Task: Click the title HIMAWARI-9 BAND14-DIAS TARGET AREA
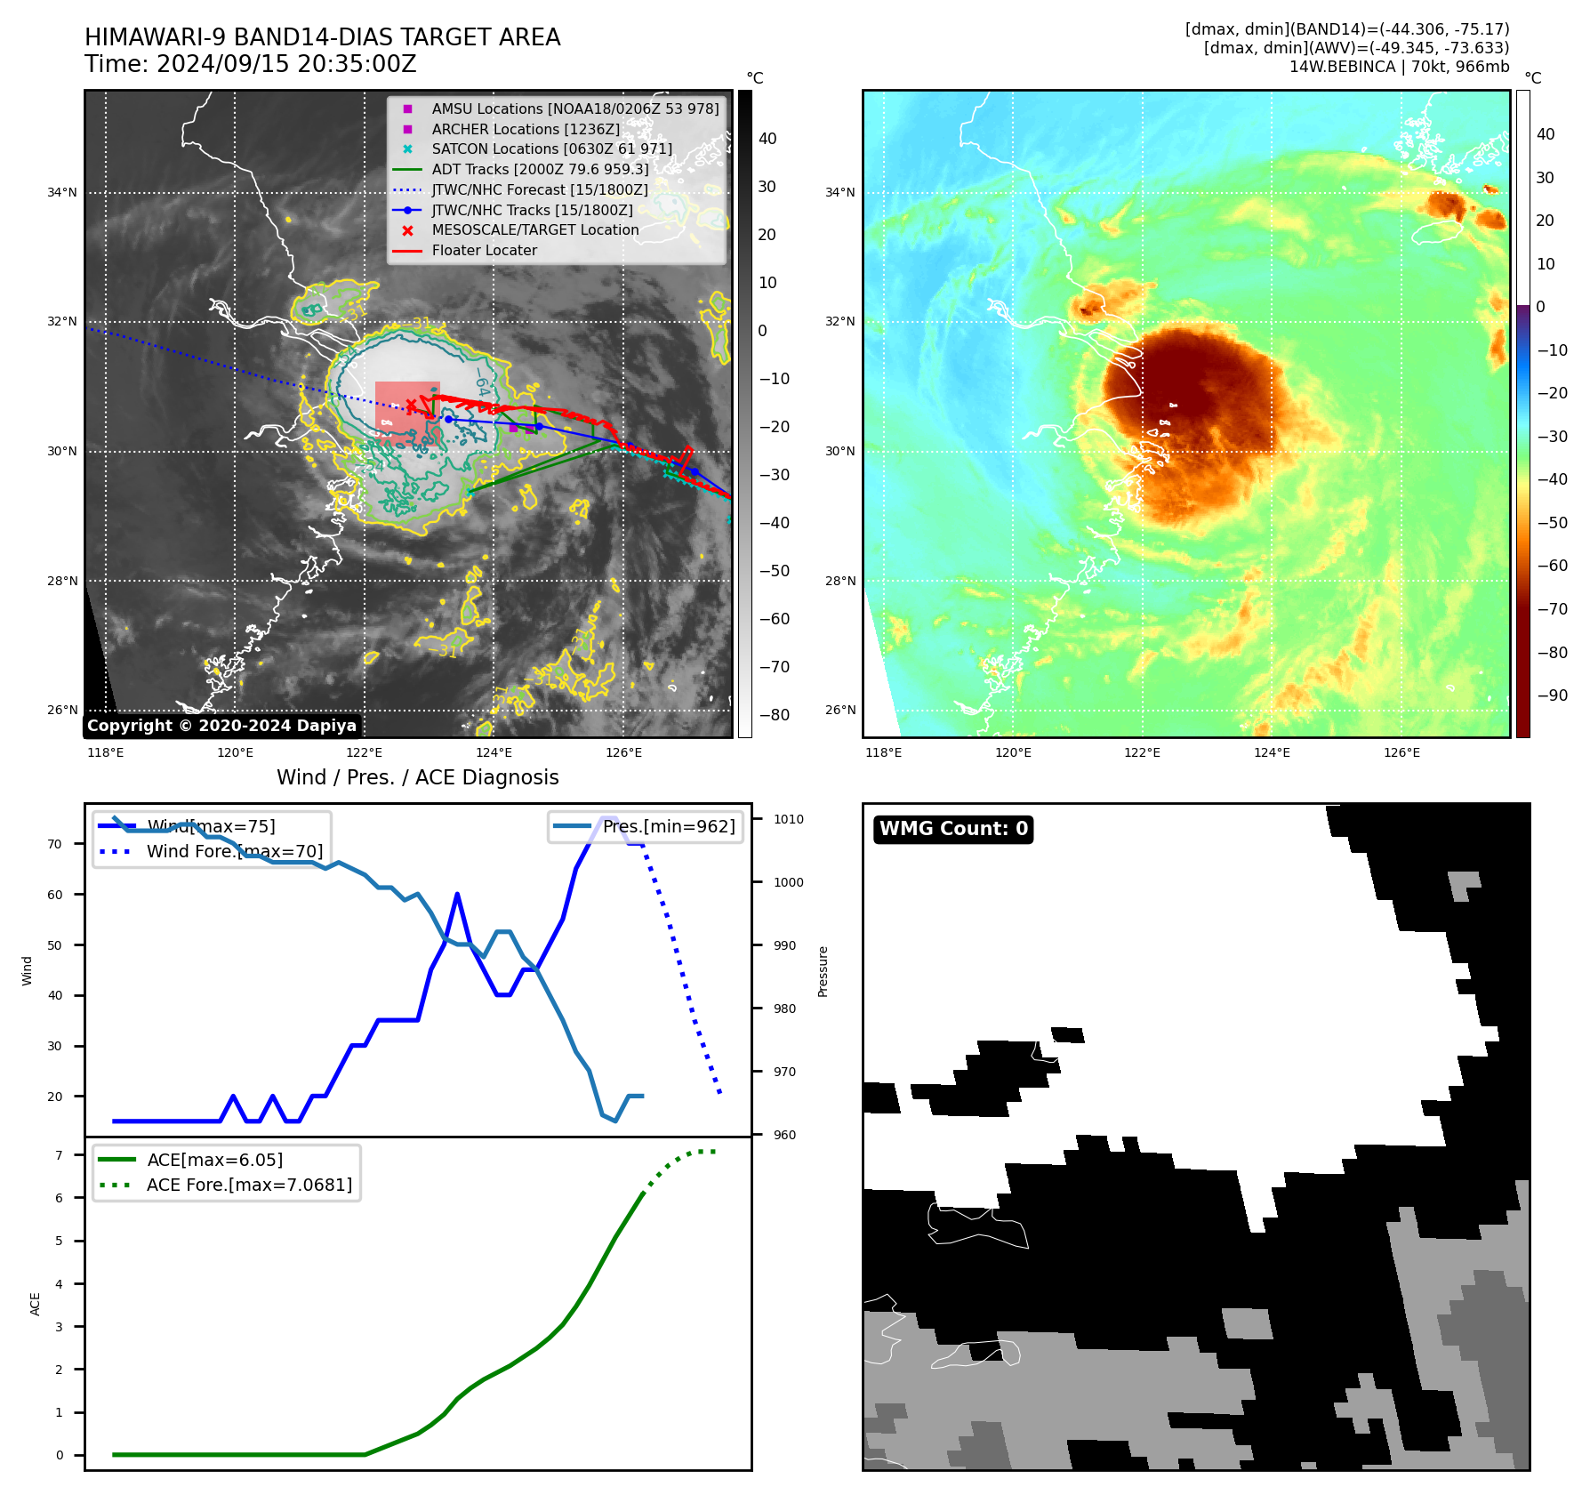click(322, 37)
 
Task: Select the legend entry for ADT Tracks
click(540, 169)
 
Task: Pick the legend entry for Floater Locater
click(484, 250)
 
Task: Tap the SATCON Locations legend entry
click(551, 149)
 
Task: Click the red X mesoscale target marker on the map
click(411, 406)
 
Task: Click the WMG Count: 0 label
click(953, 829)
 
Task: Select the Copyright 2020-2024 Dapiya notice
click(221, 726)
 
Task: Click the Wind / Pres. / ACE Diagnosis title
click(417, 777)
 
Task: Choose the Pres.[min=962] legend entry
click(668, 826)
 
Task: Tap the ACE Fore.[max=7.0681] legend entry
click(249, 1185)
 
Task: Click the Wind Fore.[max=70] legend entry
click(234, 851)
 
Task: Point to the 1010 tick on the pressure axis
click(788, 819)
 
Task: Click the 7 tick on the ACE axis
click(59, 1155)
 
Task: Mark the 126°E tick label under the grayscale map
click(623, 752)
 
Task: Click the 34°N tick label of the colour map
click(839, 192)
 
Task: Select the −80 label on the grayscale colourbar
click(774, 714)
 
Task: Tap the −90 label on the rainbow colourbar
click(1552, 695)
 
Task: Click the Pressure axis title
click(823, 971)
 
